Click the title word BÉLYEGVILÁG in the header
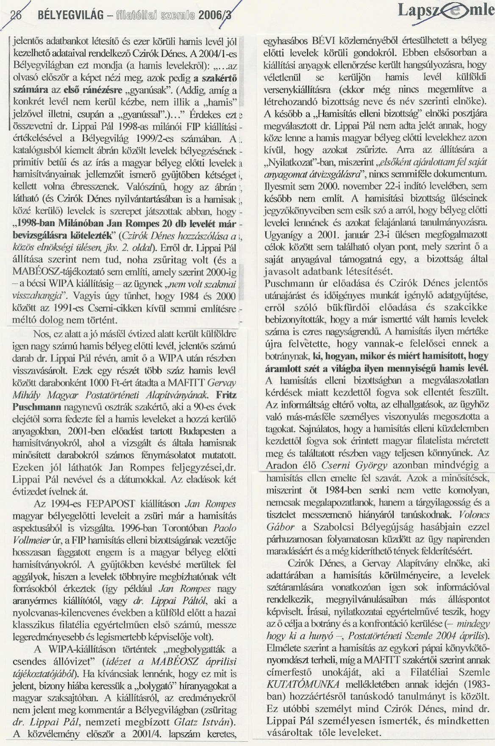tap(70, 15)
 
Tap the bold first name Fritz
tap(226, 395)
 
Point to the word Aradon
tap(281, 466)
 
